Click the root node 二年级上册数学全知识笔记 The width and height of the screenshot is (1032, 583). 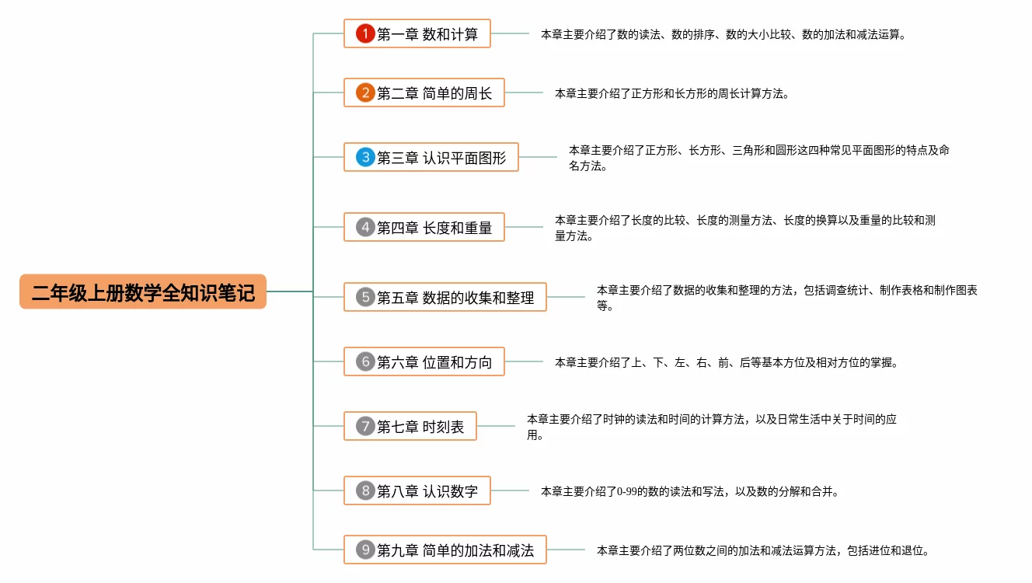143,292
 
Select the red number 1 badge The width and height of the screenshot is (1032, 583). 365,33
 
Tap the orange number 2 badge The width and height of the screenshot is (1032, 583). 365,93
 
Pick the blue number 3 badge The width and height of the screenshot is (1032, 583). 365,157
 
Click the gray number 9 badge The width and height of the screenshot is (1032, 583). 365,550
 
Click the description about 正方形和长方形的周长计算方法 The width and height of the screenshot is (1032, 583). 671,94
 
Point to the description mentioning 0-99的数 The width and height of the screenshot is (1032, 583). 689,491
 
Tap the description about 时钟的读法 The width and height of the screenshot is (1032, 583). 711,427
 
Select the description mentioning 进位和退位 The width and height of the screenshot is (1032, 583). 762,550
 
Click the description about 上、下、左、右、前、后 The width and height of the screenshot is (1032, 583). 726,362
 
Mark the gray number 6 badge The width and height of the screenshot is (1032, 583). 365,361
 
